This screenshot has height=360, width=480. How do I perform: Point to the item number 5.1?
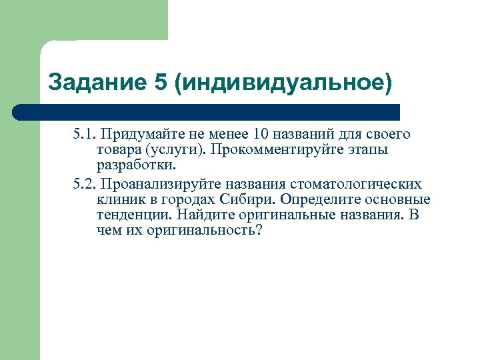pos(85,135)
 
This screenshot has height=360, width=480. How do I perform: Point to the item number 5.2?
pos(85,183)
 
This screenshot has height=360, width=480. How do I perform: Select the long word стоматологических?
pos(356,183)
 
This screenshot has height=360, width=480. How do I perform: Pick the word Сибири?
pos(256,199)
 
